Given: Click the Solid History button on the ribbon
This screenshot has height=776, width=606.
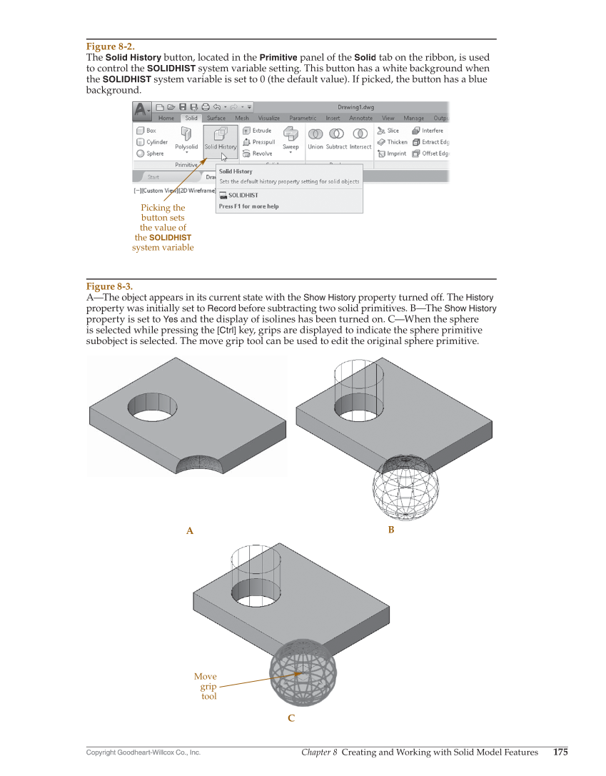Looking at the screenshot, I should tap(221, 138).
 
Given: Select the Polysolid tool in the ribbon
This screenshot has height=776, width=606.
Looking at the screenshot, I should tap(186, 138).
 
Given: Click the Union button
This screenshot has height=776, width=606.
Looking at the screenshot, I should tap(315, 138).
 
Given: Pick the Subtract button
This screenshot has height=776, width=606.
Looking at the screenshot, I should tap(336, 138).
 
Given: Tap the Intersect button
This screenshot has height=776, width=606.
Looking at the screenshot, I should tap(360, 138).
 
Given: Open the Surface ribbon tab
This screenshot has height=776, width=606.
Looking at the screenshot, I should tap(216, 119).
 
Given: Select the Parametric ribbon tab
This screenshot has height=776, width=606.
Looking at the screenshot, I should tap(303, 119).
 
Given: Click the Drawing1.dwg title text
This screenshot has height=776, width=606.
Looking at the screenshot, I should tap(355, 108).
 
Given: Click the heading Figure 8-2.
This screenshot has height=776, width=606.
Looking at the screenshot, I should tap(110, 46).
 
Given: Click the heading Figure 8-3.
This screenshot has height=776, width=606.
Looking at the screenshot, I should tap(110, 286).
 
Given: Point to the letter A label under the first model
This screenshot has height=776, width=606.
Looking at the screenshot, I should tap(190, 531).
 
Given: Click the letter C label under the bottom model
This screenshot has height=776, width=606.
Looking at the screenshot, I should tap(291, 719).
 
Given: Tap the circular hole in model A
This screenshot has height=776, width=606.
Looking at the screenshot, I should tap(153, 407).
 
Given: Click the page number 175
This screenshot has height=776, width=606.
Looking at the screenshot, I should tap(560, 752).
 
